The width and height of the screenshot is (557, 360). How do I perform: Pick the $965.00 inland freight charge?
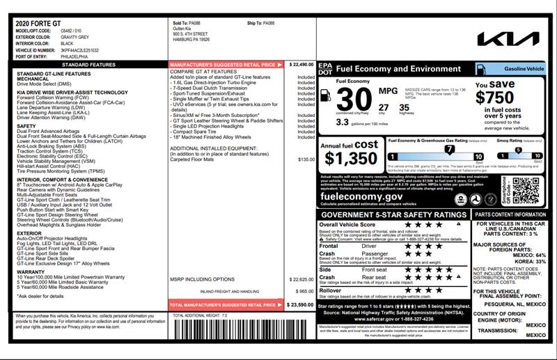pyautogui.click(x=305, y=291)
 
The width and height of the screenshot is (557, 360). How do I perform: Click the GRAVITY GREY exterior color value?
pyautogui.click(x=74, y=38)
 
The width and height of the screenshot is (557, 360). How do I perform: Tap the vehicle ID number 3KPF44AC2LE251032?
pyautogui.click(x=79, y=51)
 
